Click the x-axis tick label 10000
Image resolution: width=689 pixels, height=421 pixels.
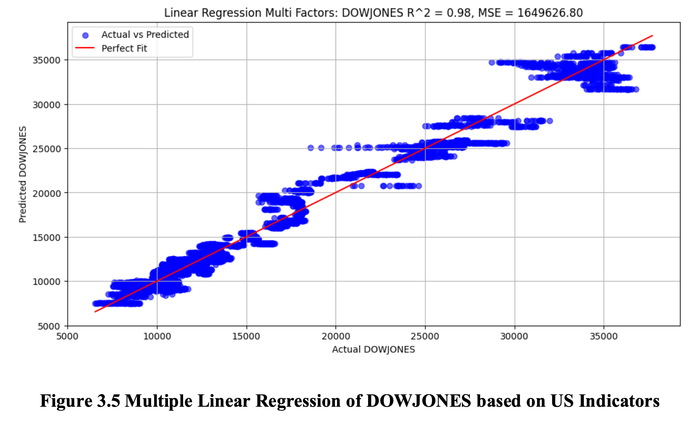157,336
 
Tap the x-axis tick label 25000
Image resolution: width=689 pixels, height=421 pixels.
425,336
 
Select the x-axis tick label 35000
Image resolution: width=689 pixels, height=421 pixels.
604,336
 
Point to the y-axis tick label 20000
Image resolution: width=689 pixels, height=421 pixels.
47,193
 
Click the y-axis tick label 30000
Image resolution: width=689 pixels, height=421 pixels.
47,105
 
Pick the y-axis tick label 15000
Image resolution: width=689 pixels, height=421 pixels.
47,238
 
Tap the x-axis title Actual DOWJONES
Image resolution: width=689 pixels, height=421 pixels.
373,349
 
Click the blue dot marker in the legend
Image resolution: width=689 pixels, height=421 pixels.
85,35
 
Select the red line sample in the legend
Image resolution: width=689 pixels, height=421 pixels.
85,48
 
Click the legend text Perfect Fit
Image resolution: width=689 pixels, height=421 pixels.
124,48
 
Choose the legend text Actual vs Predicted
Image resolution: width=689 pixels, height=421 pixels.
145,35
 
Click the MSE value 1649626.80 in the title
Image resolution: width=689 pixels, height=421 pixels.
550,13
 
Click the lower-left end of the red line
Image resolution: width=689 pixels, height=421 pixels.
95,312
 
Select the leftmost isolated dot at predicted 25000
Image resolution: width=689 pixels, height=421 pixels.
311,148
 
